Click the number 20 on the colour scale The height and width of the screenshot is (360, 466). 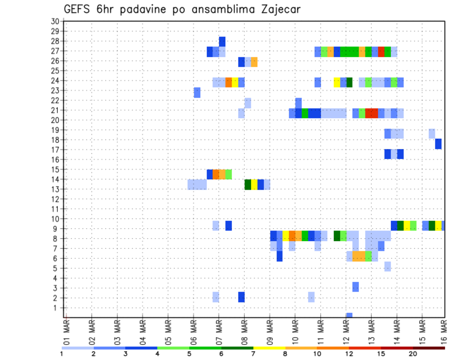(413, 354)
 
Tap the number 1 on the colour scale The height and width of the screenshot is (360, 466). (62, 354)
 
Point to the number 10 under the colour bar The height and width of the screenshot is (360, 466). (317, 354)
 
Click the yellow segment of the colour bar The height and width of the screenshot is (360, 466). (269, 348)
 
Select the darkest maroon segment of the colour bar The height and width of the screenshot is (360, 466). (429, 348)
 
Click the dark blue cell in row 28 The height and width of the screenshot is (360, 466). (222, 41)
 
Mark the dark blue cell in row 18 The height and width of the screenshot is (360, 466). (438, 144)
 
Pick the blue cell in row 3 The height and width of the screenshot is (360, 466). (355, 287)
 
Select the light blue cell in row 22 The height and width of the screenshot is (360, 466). (248, 103)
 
